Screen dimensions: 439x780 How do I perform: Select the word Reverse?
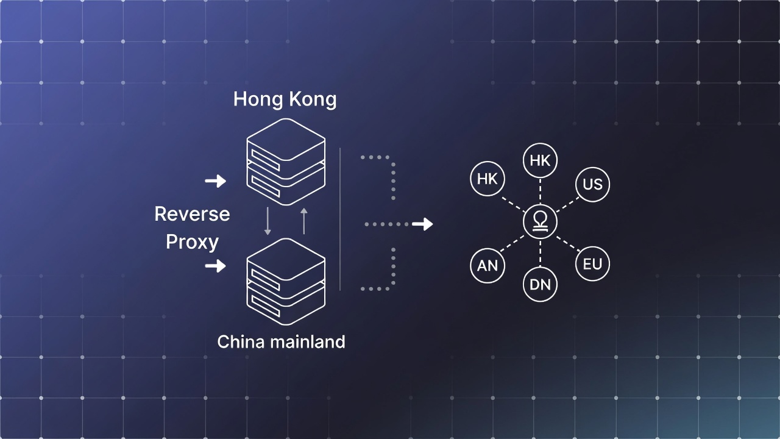coord(192,214)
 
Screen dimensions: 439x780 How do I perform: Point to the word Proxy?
coord(192,242)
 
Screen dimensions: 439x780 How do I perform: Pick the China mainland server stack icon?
coord(286,282)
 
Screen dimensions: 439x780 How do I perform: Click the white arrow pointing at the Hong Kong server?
coord(215,181)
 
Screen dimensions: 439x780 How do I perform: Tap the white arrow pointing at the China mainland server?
coord(215,266)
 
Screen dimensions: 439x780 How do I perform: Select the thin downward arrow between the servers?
coord(268,221)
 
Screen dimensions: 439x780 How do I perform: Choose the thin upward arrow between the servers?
coord(304,221)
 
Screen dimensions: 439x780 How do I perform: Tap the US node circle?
coord(592,184)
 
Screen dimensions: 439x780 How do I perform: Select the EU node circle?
coord(592,264)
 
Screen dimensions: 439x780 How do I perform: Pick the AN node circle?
coord(487,266)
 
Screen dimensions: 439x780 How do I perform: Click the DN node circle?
coord(540,285)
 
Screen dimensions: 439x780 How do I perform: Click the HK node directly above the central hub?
coord(540,160)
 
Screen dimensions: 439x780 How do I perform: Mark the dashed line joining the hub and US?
coord(567,203)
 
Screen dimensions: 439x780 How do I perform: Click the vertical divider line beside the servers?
coord(340,220)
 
